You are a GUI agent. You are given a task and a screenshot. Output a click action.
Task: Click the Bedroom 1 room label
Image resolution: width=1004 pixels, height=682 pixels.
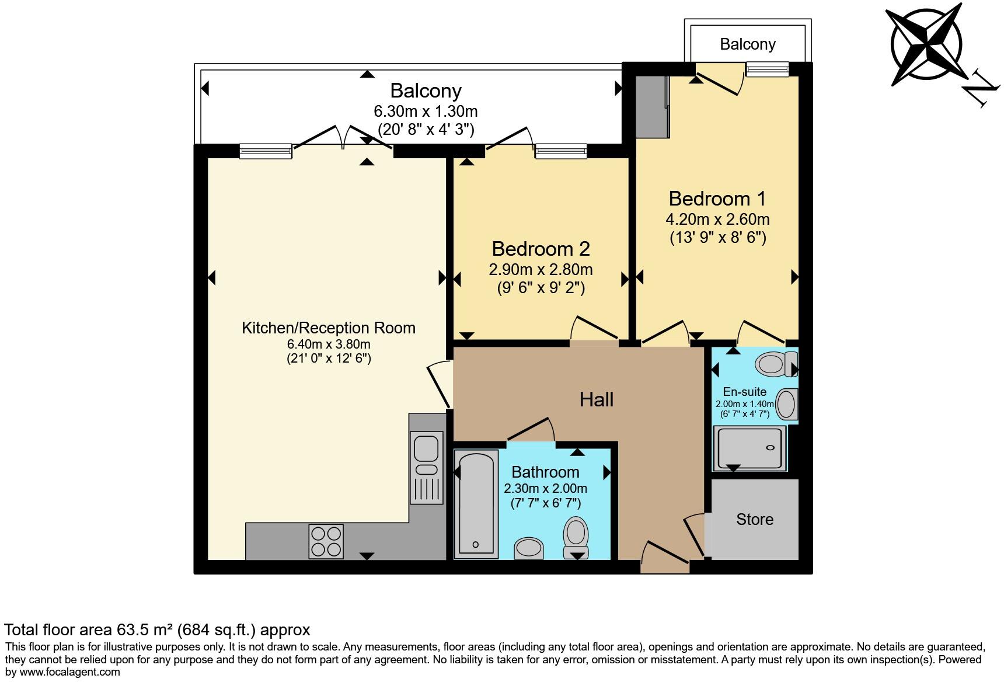(717, 199)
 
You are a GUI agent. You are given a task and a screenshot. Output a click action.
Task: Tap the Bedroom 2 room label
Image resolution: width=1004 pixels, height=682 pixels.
(541, 249)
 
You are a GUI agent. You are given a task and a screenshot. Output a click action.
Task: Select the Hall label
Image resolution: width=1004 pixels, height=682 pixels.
(596, 399)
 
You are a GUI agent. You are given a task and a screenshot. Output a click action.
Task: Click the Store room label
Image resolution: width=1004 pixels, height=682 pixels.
(754, 519)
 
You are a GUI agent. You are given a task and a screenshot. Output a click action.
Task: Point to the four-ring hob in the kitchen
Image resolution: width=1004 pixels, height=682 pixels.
(326, 541)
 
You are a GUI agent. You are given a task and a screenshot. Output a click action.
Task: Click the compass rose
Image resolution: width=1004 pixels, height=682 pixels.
(926, 44)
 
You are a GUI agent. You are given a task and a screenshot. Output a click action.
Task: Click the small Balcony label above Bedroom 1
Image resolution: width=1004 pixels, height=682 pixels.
(747, 44)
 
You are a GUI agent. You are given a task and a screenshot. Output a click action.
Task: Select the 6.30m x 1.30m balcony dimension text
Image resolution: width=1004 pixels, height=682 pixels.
(426, 111)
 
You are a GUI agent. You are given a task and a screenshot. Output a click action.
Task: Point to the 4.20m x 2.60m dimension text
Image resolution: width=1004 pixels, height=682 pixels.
(717, 220)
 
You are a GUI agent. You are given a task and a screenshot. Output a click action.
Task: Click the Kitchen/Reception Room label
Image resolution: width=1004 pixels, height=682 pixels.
(329, 328)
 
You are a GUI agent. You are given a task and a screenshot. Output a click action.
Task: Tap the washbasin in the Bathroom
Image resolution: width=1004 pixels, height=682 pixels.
(529, 548)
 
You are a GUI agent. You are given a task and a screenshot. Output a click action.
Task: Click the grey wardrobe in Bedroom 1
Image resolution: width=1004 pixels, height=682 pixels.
(652, 106)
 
